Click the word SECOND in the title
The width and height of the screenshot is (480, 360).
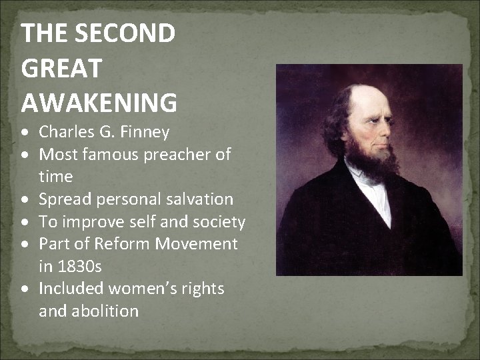[127, 33]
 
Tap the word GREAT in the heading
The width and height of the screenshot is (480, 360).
[61, 68]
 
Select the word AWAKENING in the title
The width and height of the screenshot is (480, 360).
[99, 103]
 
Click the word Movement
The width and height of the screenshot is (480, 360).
[197, 244]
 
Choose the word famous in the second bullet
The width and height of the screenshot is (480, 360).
[108, 155]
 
